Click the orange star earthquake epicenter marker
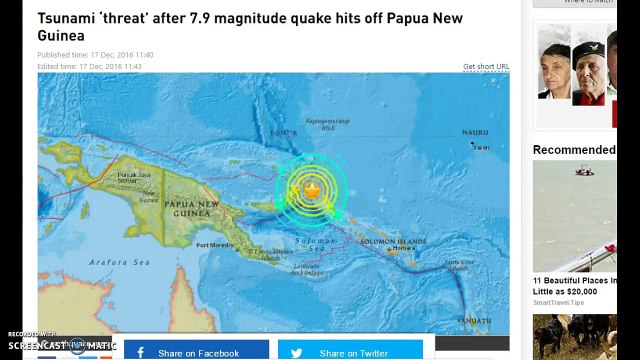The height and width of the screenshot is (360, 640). pyautogui.click(x=312, y=189)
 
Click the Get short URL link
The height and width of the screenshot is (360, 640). pyautogui.click(x=485, y=67)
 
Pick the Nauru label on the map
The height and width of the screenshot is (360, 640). pyautogui.click(x=475, y=132)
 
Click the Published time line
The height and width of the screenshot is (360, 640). pyautogui.click(x=94, y=54)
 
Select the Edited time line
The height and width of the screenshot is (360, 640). pyautogui.click(x=89, y=66)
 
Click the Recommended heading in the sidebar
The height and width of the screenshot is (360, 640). pyautogui.click(x=574, y=150)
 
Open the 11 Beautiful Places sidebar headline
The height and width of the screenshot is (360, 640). pyautogui.click(x=586, y=281)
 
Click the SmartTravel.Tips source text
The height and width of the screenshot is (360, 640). pyautogui.click(x=558, y=302)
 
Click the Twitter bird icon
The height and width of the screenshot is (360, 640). pyautogui.click(x=296, y=352)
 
